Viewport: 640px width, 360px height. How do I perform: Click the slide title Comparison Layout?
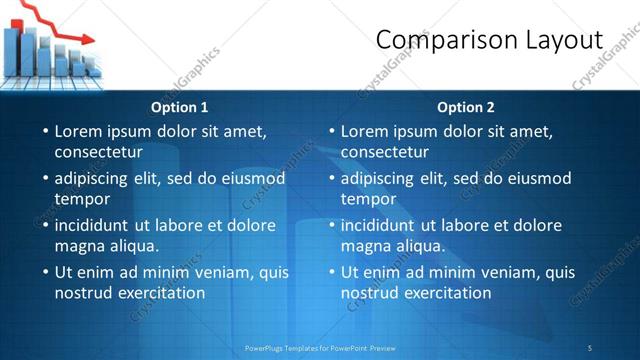(x=489, y=40)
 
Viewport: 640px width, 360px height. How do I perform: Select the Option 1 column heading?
(x=180, y=107)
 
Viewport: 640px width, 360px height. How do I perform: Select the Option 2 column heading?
(x=466, y=107)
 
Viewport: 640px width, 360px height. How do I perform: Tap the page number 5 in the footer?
(x=590, y=347)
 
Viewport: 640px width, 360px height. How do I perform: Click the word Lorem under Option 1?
(x=79, y=131)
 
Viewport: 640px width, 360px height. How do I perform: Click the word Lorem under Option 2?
(x=365, y=131)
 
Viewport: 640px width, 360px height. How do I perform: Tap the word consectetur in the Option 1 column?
(x=98, y=152)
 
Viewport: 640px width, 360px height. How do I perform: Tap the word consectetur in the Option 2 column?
(x=384, y=152)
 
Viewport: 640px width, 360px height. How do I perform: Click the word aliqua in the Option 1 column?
(x=133, y=246)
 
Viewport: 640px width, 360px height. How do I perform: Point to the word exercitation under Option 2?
(x=445, y=293)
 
